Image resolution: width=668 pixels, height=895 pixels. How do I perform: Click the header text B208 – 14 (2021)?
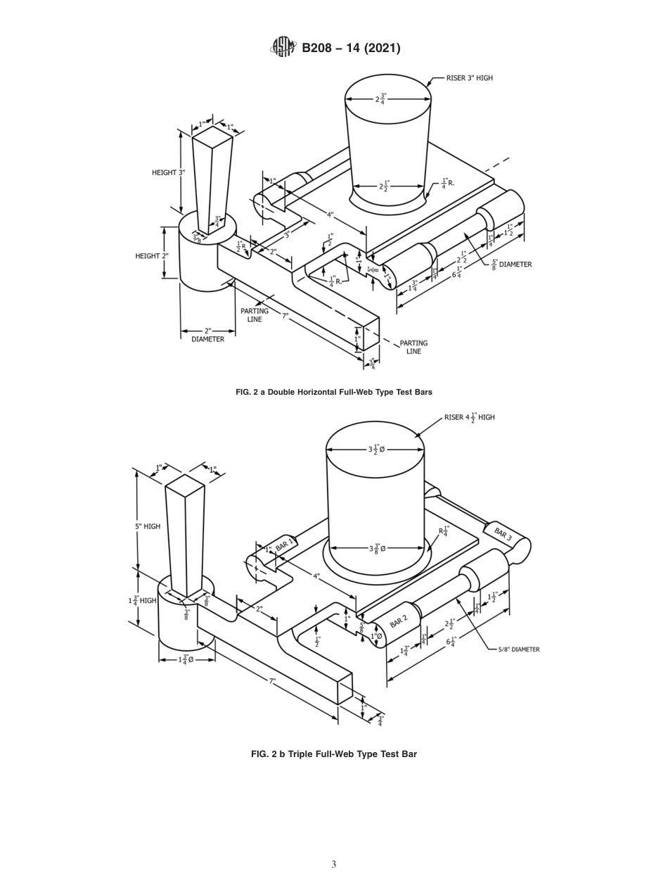point(351,48)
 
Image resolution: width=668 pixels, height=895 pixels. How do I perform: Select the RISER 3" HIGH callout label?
point(469,78)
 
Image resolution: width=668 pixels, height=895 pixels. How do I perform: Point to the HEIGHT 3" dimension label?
point(168,172)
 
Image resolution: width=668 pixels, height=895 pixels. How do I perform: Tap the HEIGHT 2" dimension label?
point(151,256)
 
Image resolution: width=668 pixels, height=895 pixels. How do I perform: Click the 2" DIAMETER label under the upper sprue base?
point(207,335)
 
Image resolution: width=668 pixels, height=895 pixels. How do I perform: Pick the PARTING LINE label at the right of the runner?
point(413,347)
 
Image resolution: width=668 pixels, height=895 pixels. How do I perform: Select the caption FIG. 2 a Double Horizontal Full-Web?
point(333,392)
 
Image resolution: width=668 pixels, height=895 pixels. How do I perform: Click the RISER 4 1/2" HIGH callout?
point(469,417)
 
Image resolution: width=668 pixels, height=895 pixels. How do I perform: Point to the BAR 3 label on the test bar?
point(502,534)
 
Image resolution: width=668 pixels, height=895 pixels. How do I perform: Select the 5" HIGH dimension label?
point(148,526)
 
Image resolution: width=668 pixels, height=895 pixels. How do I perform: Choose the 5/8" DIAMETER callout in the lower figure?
point(519,649)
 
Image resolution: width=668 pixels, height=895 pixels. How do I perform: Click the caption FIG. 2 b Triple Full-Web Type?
point(333,754)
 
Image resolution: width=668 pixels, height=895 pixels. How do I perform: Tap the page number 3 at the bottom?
point(333,864)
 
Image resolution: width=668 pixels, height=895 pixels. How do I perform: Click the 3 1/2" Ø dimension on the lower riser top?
point(375,449)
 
